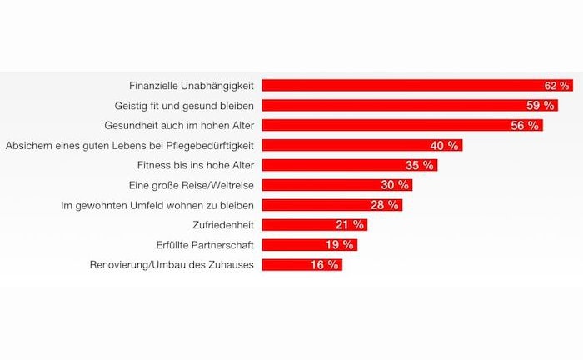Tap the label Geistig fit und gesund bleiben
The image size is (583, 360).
pos(184,106)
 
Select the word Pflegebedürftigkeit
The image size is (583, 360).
pos(207,145)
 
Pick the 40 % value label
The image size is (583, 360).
pos(443,146)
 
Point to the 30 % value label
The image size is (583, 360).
pos(394,185)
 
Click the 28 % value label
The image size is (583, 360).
pos(384,205)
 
